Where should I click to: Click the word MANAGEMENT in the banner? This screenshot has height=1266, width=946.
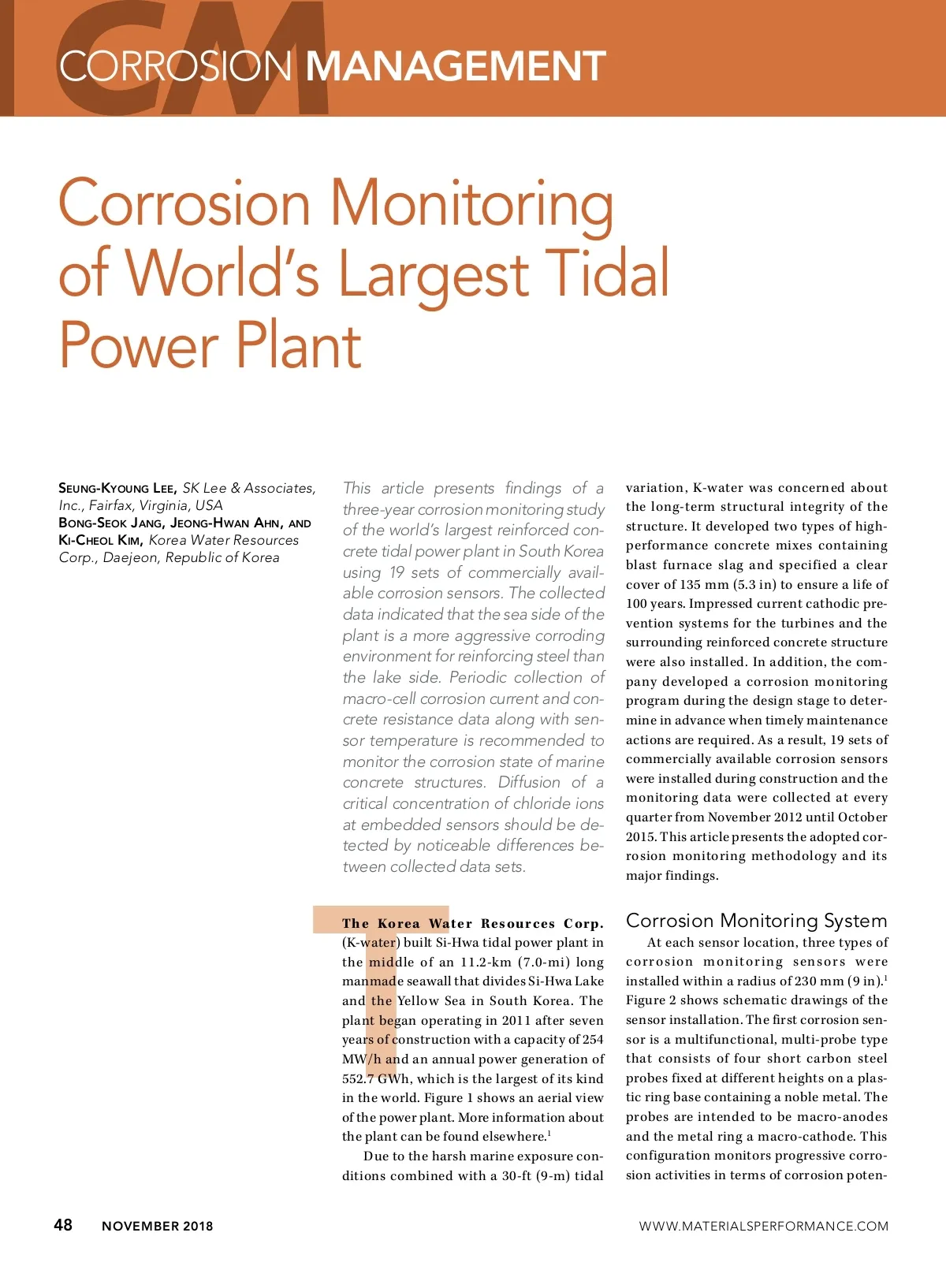(455, 66)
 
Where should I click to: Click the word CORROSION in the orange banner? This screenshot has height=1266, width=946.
(175, 66)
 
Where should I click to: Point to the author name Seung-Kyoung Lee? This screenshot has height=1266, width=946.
(117, 488)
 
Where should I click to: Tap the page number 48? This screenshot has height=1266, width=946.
(63, 1224)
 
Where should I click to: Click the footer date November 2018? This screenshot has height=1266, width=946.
(157, 1226)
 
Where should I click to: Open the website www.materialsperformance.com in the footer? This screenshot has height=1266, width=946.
(763, 1226)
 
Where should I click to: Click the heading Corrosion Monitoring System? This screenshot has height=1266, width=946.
(756, 920)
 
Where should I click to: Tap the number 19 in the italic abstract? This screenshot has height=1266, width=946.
(397, 572)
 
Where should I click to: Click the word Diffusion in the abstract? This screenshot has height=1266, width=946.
(529, 782)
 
